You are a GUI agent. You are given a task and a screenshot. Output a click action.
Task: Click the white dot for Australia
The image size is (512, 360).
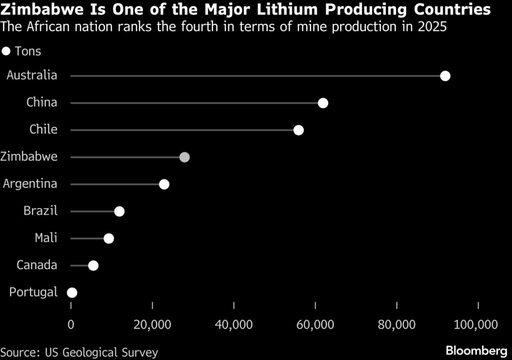click(x=445, y=76)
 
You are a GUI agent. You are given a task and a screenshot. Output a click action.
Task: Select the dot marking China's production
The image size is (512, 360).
click(x=323, y=103)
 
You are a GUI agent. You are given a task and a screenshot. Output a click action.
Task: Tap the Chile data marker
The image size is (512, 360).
click(x=298, y=130)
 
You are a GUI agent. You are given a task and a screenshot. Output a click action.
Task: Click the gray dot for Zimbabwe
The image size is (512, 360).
click(x=184, y=157)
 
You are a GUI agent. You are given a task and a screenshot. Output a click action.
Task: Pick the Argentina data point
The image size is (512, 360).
click(x=164, y=184)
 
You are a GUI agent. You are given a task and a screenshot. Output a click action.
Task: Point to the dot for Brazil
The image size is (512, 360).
click(x=119, y=211)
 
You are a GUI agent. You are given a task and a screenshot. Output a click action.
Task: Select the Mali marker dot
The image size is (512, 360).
click(x=108, y=238)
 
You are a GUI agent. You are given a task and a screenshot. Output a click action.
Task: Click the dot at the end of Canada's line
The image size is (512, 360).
click(x=93, y=265)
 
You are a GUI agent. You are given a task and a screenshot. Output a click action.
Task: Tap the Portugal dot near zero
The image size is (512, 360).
click(x=72, y=292)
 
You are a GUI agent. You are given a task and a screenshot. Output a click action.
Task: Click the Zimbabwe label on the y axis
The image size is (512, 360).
click(x=29, y=156)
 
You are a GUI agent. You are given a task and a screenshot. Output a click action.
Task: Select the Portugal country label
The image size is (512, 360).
click(x=33, y=292)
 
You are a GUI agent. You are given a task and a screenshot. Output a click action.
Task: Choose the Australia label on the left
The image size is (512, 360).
click(x=32, y=75)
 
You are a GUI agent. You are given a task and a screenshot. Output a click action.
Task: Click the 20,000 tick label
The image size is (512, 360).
click(x=152, y=325)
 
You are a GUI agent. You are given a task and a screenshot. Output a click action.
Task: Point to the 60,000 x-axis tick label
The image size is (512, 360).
click(x=315, y=325)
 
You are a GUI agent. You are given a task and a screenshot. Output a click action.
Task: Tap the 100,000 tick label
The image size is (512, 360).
click(x=475, y=325)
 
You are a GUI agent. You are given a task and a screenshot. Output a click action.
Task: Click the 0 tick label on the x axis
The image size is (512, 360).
click(x=70, y=325)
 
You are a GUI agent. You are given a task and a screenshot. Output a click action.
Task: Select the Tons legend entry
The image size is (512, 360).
click(x=22, y=51)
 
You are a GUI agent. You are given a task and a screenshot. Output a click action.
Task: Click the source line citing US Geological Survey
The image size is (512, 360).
click(x=79, y=351)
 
